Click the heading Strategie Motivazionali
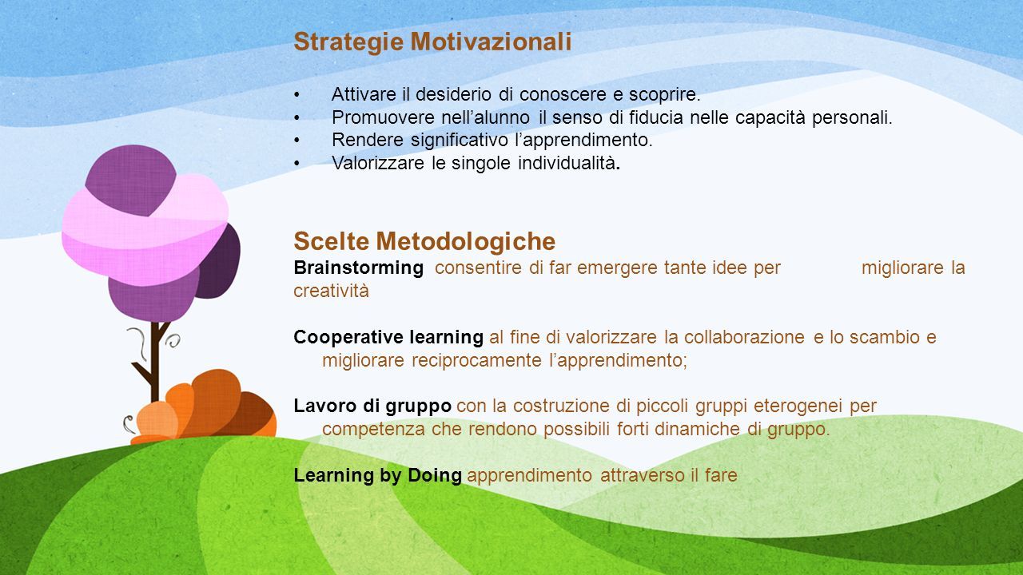point(432,42)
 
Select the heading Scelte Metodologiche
point(424,241)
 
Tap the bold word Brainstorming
point(359,268)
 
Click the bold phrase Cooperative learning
point(388,337)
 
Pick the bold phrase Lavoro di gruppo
point(372,406)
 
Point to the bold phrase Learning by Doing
point(378,475)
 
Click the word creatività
point(331,291)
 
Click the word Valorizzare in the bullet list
point(378,163)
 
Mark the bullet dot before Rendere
point(297,140)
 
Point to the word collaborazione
point(744,337)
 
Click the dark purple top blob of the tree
point(130,180)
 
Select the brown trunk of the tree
point(153,360)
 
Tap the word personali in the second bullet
point(852,117)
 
